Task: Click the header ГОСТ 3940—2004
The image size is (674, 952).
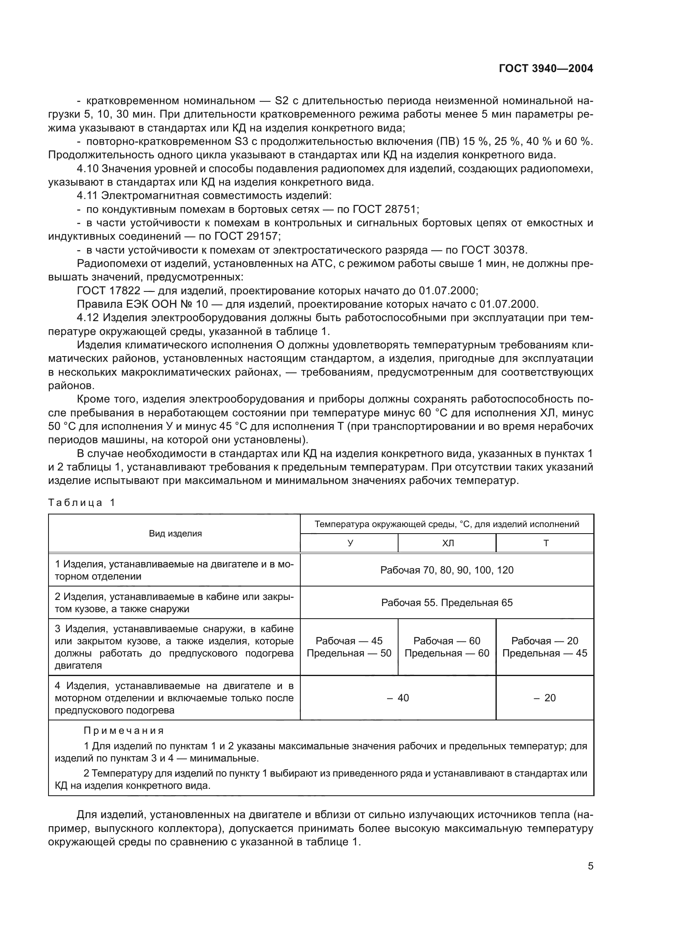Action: [x=546, y=69]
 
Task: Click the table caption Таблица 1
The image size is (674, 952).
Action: [x=81, y=503]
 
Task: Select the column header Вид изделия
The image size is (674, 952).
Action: [x=175, y=534]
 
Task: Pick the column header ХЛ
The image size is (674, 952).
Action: [x=448, y=543]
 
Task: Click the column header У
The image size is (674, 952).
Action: [x=350, y=543]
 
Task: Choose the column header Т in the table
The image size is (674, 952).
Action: [x=546, y=543]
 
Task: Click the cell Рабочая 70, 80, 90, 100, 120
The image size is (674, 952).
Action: [x=447, y=570]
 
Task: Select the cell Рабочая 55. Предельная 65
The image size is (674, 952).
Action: [x=447, y=602]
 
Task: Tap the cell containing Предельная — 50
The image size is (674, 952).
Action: [x=349, y=654]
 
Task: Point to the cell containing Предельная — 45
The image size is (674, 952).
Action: [x=545, y=654]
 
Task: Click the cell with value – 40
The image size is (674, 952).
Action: [x=398, y=698]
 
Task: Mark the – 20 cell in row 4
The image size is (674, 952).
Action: [x=544, y=698]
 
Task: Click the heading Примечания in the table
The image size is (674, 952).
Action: [x=124, y=731]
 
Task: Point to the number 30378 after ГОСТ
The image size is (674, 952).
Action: [x=510, y=250]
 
